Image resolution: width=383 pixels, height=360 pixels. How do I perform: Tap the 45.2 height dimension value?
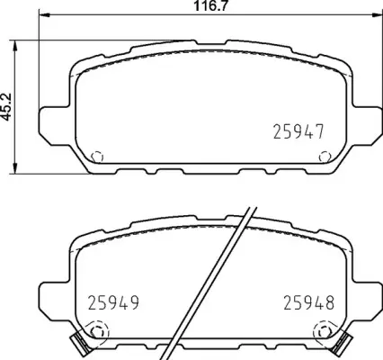click(7, 108)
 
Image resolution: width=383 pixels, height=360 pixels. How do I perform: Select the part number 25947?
click(297, 132)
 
